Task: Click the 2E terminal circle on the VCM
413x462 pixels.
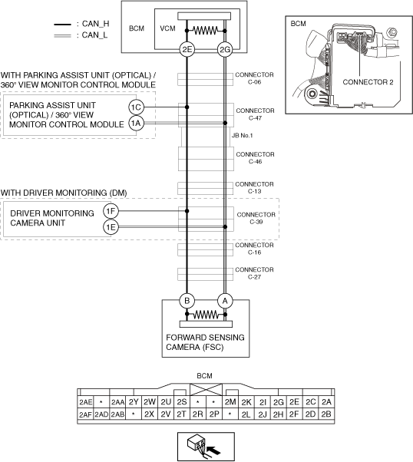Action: [187, 49]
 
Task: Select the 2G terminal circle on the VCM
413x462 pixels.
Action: [225, 49]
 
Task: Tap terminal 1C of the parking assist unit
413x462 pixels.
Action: [136, 107]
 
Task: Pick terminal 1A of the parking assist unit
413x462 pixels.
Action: [136, 123]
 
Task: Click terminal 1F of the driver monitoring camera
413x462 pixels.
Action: [111, 211]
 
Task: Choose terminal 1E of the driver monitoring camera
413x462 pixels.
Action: [111, 227]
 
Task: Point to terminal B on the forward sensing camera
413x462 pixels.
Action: [187, 301]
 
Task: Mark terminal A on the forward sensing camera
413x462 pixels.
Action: [225, 301]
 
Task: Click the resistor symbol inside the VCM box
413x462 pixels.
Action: [206, 31]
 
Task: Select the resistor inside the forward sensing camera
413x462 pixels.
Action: [206, 315]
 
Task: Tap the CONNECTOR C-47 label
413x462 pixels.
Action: [255, 114]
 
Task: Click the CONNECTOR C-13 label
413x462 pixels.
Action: [254, 188]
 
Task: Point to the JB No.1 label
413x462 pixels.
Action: [243, 136]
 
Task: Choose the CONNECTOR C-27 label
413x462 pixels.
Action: [254, 273]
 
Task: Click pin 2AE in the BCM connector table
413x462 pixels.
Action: [85, 402]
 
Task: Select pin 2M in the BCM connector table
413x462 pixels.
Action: [230, 402]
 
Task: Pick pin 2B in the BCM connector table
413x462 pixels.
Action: [326, 414]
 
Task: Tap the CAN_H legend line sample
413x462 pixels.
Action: [62, 25]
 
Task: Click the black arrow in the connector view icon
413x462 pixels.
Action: [213, 450]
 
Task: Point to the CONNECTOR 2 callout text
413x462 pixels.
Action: [368, 82]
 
